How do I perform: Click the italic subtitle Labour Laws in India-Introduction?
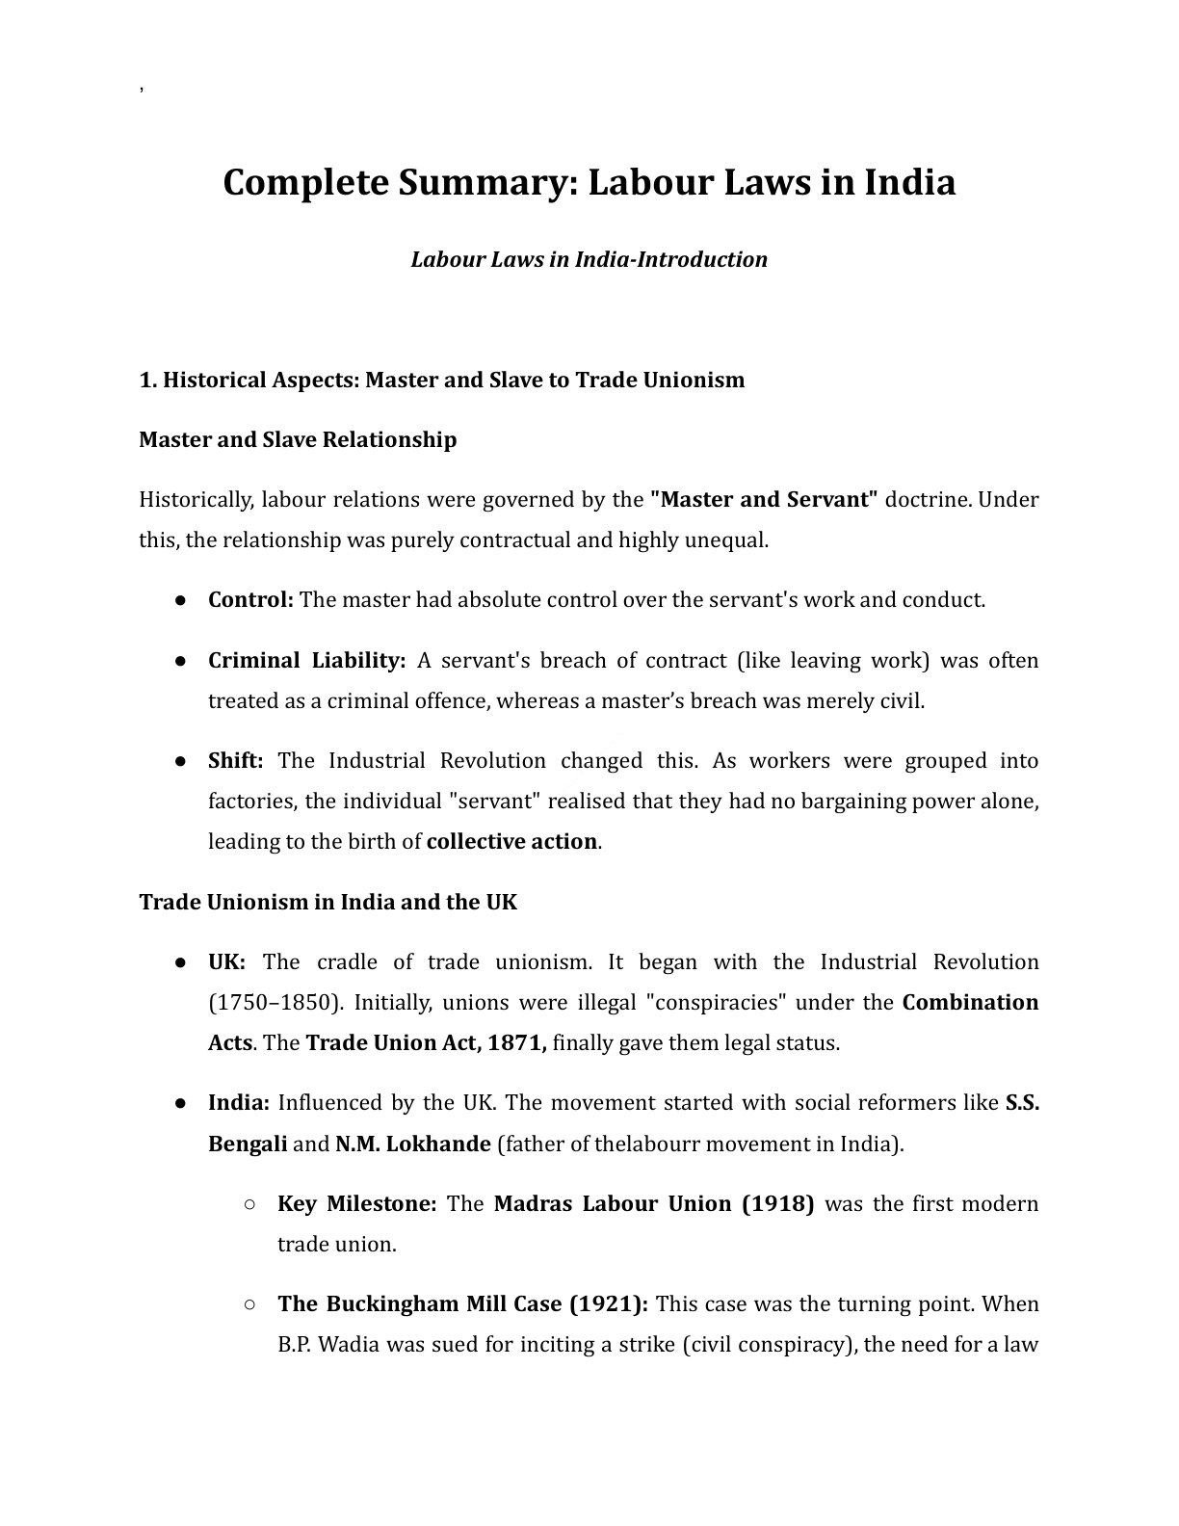coord(589,259)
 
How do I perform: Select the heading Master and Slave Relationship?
coord(298,439)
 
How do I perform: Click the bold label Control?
coord(250,599)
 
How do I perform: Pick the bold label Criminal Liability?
coord(306,660)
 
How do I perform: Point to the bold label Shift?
coord(235,760)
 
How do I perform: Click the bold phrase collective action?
coord(511,841)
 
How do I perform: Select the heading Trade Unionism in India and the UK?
coord(327,902)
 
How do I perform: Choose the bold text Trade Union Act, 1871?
coord(426,1042)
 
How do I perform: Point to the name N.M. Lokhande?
coord(412,1144)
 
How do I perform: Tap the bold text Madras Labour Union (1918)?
coord(653,1203)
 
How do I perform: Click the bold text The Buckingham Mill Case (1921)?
coord(462,1303)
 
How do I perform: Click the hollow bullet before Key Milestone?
coord(249,1203)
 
